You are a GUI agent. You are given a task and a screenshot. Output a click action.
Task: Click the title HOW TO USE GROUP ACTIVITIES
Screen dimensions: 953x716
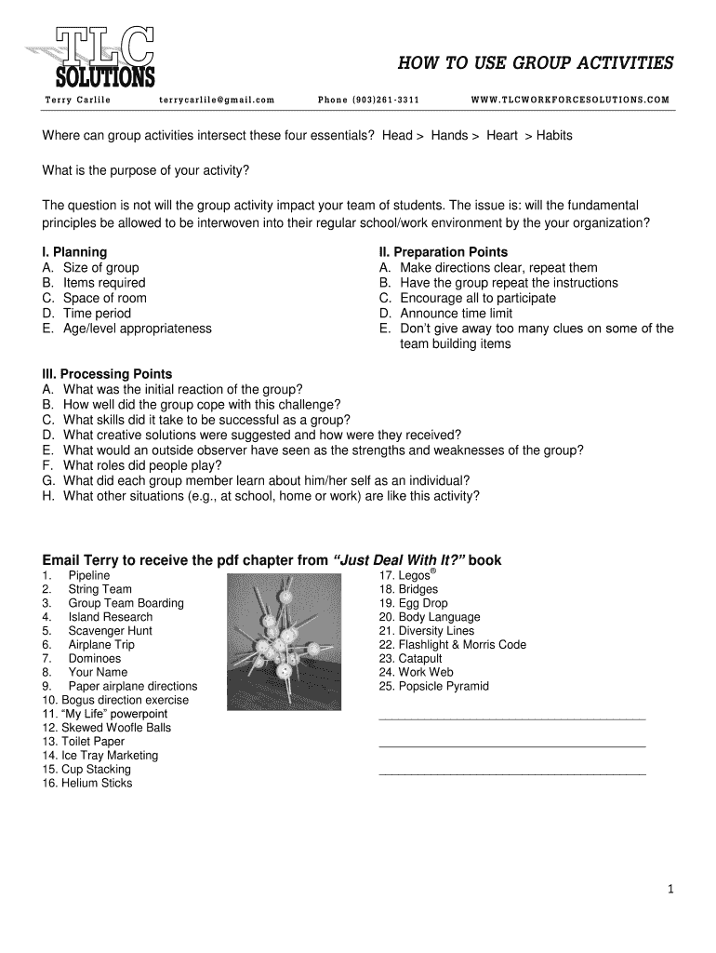click(x=536, y=63)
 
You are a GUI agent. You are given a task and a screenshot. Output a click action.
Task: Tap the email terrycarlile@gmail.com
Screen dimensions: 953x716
click(x=217, y=100)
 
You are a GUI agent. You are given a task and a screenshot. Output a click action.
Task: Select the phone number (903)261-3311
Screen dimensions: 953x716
click(x=368, y=100)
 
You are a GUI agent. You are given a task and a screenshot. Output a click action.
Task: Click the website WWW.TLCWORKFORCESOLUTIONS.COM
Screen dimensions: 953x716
click(x=570, y=100)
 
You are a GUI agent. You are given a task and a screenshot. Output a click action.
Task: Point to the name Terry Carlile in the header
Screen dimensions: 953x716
click(x=77, y=100)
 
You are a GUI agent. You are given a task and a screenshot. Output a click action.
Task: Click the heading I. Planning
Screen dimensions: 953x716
click(x=75, y=252)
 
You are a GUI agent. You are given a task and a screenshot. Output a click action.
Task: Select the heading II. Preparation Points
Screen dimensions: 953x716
click(x=444, y=252)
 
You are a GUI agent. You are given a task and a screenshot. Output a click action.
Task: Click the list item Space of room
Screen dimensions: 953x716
click(x=104, y=298)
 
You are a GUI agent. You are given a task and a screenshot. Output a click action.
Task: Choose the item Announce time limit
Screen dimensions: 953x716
click(x=456, y=314)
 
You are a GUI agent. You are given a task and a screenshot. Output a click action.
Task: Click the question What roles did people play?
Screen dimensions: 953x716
click(x=142, y=465)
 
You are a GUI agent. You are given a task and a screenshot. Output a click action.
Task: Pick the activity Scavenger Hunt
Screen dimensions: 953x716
click(x=110, y=630)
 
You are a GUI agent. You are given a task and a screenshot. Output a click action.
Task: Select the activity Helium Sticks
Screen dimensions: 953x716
click(x=97, y=783)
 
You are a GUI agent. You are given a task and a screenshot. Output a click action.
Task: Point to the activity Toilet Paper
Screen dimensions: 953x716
click(x=93, y=742)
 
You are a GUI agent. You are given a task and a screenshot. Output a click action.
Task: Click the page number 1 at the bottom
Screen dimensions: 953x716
click(x=670, y=889)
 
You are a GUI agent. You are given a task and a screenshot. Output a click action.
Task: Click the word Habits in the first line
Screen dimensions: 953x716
click(x=554, y=136)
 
